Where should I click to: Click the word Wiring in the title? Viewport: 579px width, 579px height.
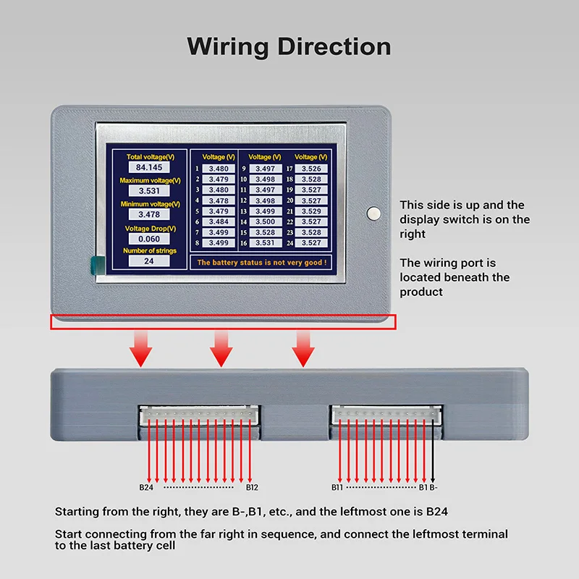tap(228, 47)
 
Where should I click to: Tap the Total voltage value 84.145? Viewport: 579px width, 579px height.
tap(149, 167)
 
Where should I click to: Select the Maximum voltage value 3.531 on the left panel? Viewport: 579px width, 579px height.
tap(149, 191)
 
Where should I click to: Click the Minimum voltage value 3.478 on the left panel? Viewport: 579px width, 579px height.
tap(149, 214)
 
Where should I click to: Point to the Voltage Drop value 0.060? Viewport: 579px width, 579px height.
tap(149, 239)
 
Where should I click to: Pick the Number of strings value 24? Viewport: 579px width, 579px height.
tap(149, 261)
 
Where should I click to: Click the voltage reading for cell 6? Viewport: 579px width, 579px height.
tap(219, 221)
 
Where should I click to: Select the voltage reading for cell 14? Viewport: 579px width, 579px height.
tap(266, 221)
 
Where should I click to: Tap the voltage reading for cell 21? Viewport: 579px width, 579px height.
tap(311, 211)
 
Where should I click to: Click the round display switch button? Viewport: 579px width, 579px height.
tap(373, 214)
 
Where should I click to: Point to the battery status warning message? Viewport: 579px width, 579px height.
tap(262, 263)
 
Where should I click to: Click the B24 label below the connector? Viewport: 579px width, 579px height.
tap(146, 487)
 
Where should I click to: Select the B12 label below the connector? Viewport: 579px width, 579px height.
tap(252, 487)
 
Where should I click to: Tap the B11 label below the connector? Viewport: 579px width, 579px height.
tap(337, 487)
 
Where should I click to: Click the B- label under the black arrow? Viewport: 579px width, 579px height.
tap(434, 487)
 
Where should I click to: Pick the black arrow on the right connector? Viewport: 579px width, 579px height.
tap(433, 451)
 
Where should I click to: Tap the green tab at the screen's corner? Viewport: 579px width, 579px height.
tap(98, 266)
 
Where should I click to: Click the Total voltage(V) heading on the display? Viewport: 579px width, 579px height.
tap(151, 157)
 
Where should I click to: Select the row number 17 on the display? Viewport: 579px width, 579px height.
tap(289, 169)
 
